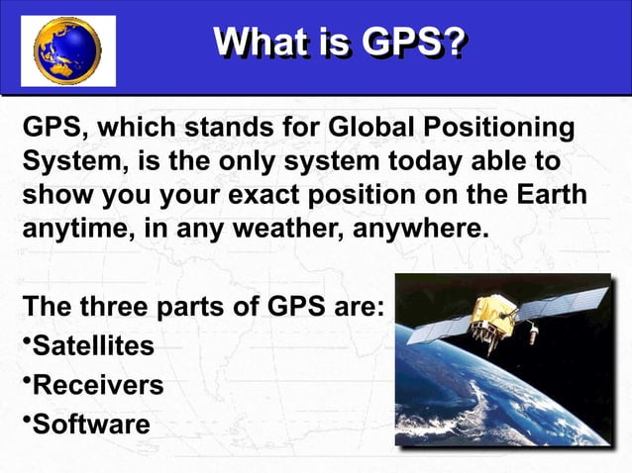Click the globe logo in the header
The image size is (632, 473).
click(x=67, y=49)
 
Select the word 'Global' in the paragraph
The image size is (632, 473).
click(x=371, y=130)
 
